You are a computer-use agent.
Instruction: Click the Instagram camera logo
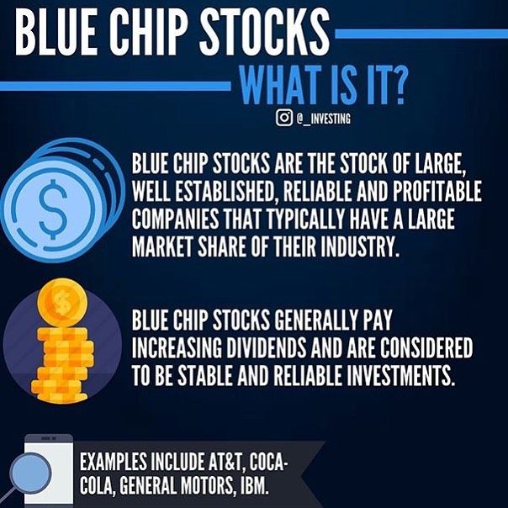(x=284, y=118)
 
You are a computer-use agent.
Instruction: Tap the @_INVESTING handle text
(x=323, y=119)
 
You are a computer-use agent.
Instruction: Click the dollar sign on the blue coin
(x=53, y=209)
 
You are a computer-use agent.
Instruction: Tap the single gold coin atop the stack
(x=62, y=302)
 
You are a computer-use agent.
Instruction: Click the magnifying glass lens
(x=30, y=473)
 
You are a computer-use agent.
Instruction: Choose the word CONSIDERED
(x=426, y=347)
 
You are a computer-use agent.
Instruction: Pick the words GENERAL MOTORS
(x=175, y=485)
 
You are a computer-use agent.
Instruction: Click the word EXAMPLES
(x=113, y=462)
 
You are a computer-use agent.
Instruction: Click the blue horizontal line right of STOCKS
(x=421, y=34)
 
